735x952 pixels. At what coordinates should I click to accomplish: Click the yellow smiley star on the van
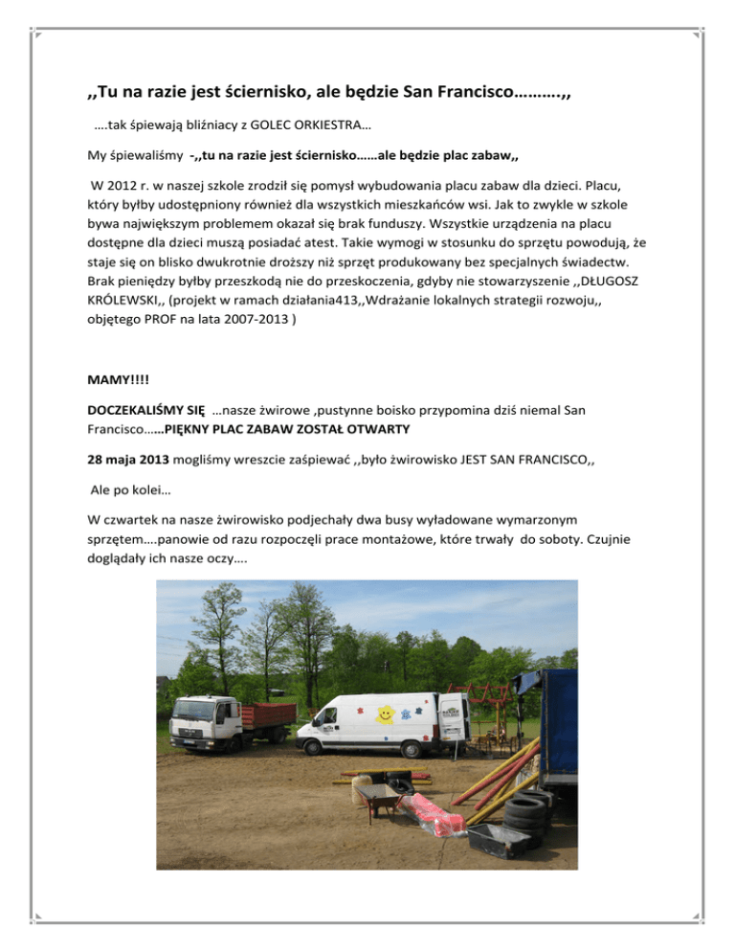pyautogui.click(x=384, y=714)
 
